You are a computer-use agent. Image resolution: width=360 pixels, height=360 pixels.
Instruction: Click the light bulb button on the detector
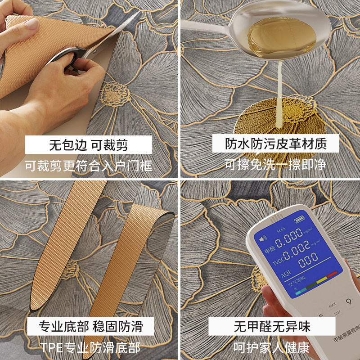(347, 301)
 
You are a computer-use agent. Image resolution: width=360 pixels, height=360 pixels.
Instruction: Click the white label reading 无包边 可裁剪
(89, 145)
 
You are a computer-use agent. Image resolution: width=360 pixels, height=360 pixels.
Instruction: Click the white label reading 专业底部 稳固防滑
(90, 326)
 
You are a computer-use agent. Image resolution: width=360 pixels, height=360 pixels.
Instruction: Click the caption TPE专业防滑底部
(90, 347)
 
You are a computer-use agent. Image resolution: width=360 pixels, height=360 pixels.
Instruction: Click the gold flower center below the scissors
(113, 94)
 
